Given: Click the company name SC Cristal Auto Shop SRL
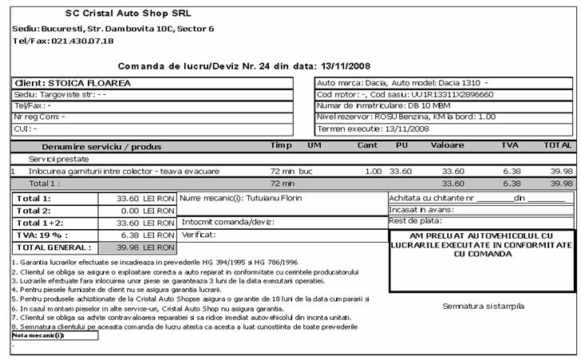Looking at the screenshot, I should coord(128,14).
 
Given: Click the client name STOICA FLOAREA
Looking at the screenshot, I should coord(89,83).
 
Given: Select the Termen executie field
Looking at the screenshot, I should coord(373,128).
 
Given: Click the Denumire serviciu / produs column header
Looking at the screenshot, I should coord(101,146).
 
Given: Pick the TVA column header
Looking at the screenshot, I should coord(509,146).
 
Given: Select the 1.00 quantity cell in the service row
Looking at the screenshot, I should coord(373,171).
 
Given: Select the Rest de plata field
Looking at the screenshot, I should coord(416,221).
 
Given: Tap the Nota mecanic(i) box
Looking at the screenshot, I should coord(54,335).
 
